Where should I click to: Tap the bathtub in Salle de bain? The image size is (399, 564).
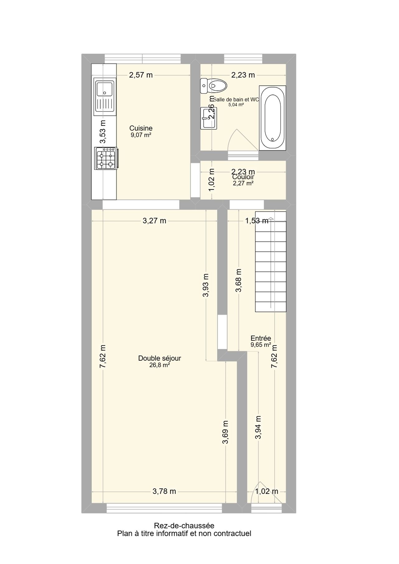tap(272, 118)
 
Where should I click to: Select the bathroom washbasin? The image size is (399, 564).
tap(209, 118)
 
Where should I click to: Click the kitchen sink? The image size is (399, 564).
tap(105, 95)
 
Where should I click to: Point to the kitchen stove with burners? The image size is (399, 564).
tap(106, 158)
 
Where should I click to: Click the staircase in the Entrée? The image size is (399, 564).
tap(271, 261)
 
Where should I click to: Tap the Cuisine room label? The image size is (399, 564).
tap(141, 128)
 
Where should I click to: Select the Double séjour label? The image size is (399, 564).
tap(160, 359)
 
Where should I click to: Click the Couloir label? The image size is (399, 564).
tap(243, 177)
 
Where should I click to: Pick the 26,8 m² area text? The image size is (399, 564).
tap(160, 365)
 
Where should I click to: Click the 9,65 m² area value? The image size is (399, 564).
tap(261, 345)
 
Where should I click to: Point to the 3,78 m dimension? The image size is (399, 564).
tap(164, 491)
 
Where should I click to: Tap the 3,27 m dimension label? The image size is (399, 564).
tap(154, 221)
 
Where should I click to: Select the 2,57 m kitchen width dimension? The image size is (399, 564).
tap(141, 75)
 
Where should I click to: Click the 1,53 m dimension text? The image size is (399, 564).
tap(257, 221)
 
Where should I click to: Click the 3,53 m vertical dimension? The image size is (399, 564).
tap(103, 132)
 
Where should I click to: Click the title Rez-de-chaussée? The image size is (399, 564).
tap(184, 526)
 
